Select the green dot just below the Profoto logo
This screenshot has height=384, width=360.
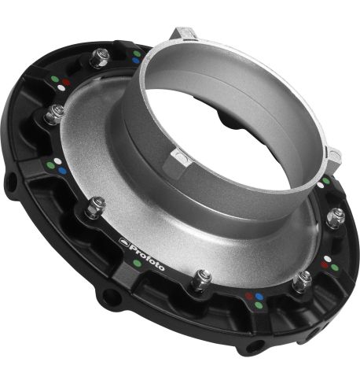point(137,263)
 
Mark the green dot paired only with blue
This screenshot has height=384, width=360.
point(136,53)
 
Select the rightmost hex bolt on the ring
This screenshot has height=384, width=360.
point(336,217)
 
